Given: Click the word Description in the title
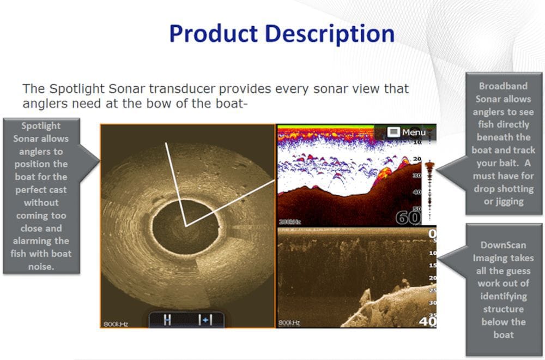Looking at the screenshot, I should coord(333,33).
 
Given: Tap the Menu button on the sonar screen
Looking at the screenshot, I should coord(408,132).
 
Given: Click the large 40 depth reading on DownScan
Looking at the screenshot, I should coord(427,321).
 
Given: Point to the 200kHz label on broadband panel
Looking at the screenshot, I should coord(289,222).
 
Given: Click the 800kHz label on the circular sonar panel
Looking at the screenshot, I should coord(116,324).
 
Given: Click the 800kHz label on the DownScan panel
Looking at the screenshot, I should coord(289,323).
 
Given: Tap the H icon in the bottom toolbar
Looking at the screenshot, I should coord(167,320).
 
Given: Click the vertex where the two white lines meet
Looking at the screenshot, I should coord(186,226).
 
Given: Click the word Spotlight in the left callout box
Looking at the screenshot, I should coord(41,126).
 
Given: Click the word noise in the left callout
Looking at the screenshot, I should coord(41,266).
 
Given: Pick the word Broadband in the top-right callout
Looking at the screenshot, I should coord(504,86).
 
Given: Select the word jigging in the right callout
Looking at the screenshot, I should coord(504,201).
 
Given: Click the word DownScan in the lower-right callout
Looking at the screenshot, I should coord(504,245).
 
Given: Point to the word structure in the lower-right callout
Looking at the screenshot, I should coord(504,309).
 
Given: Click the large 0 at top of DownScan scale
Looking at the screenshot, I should coord(432,235).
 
